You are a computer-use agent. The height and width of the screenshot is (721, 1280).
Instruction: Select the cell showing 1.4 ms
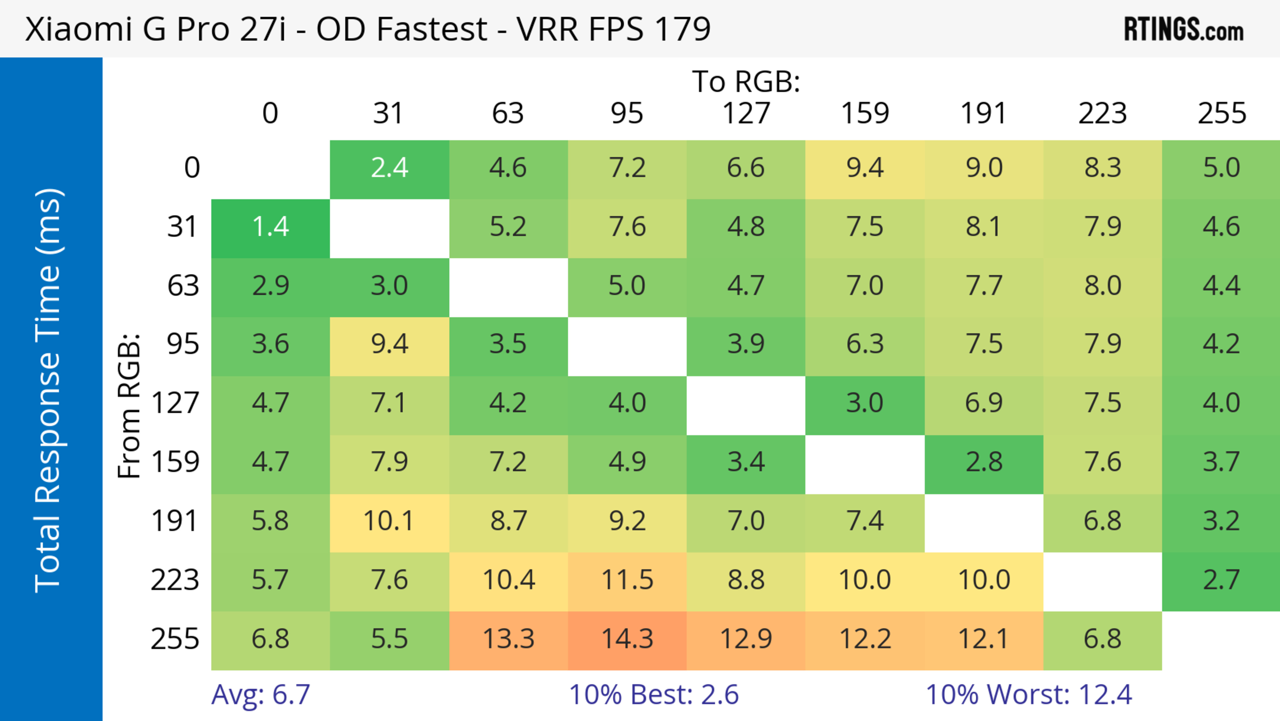pos(270,227)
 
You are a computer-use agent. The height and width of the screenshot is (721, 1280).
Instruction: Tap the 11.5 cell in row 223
pos(627,580)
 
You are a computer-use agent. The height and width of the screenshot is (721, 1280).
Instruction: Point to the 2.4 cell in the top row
pos(389,168)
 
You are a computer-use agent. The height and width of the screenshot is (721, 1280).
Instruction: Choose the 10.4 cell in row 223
pos(508,580)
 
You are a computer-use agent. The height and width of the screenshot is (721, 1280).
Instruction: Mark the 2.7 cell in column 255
pos(1221,580)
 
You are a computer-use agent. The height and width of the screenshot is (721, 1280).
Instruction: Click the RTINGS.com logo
pos(1184,29)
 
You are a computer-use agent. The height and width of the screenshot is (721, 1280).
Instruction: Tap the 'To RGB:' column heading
pos(746,81)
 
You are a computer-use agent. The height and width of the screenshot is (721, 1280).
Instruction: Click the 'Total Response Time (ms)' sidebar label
pos(49,390)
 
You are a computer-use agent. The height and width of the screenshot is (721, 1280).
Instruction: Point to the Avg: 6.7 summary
pos(261,695)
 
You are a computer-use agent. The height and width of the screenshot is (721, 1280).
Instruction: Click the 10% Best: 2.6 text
pos(653,695)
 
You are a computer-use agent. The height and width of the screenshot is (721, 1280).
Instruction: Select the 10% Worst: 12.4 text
pos(1029,695)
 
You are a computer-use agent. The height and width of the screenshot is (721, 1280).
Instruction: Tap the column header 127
pos(746,113)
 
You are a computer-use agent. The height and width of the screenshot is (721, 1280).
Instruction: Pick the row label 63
pos(183,286)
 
